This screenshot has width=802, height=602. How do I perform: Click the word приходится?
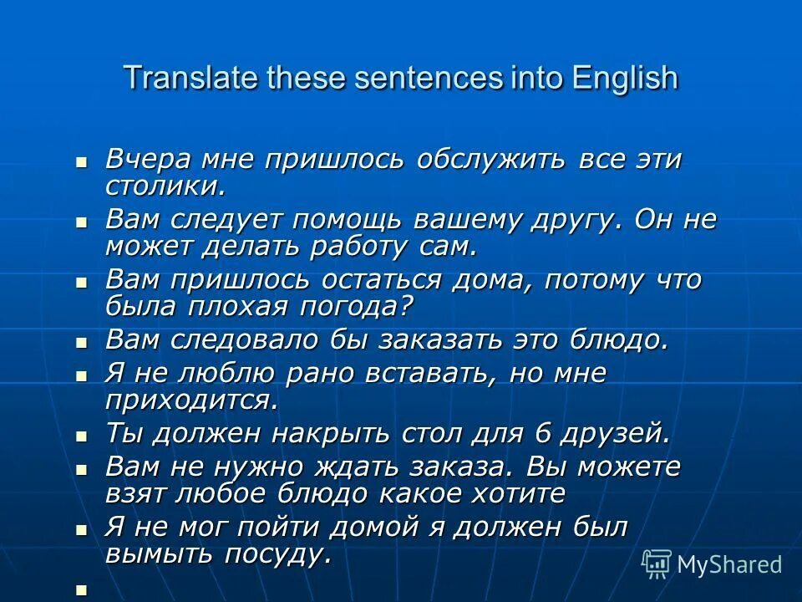pyautogui.click(x=191, y=400)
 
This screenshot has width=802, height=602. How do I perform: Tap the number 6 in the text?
pyautogui.click(x=543, y=434)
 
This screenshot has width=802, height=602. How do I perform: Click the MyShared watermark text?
pyautogui.click(x=729, y=564)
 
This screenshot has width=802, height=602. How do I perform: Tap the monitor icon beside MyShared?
pyautogui.click(x=657, y=564)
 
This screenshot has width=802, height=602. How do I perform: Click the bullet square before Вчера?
pyautogui.click(x=82, y=161)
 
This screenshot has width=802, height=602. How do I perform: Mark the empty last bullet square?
pyautogui.click(x=82, y=589)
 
